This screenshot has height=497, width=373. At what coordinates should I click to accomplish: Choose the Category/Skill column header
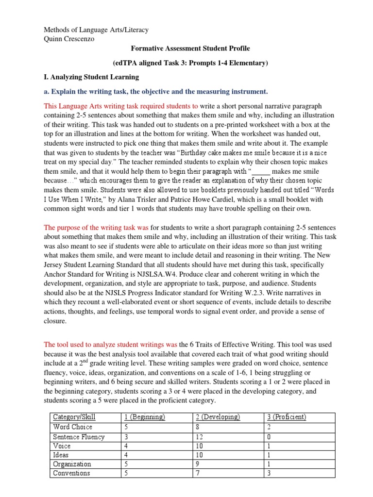74,417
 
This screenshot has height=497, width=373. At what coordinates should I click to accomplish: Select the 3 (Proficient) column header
287,417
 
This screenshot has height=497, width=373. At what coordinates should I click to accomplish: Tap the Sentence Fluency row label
79,436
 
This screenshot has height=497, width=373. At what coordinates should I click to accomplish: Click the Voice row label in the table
62,446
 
